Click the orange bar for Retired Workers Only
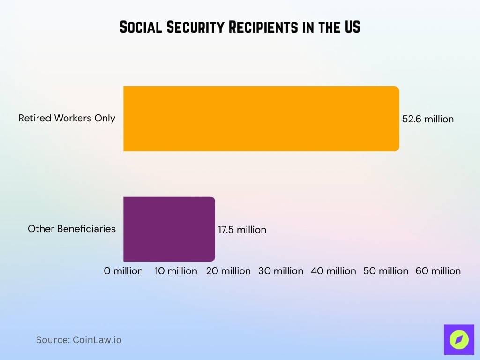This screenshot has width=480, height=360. pos(261,119)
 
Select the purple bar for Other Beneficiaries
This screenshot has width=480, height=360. pos(169,229)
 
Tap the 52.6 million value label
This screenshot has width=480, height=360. pos(428,119)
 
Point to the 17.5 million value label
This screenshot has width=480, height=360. pos(242,230)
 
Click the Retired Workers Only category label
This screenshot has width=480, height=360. pos(67,118)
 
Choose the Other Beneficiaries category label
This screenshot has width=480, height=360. pos(72,229)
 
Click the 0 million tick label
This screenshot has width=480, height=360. pos(123,271)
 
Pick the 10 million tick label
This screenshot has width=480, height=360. pos(176,271)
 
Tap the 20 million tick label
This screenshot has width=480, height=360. pos(228,271)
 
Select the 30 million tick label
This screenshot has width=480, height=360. pos(281,271)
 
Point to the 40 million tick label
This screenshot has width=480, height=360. pos(333,271)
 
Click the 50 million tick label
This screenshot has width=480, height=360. pos(386,271)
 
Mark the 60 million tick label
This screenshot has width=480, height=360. pos(438,271)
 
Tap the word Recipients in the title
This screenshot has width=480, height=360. pos(263,28)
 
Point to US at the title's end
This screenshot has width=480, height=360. pos(352,28)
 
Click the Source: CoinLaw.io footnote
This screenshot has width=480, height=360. pos(79,340)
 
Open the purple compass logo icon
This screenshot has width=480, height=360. pos(459,339)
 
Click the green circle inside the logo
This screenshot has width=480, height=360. pos(459,340)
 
